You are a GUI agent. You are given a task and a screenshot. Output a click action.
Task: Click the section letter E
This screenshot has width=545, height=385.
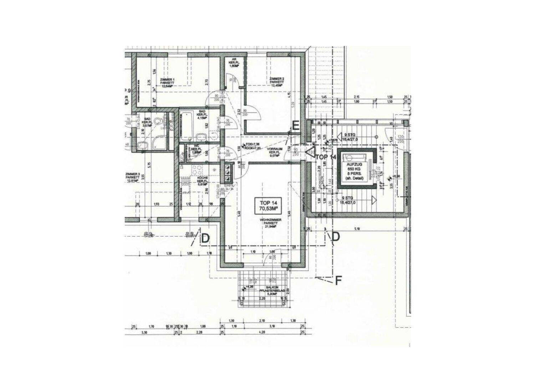[295, 125]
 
